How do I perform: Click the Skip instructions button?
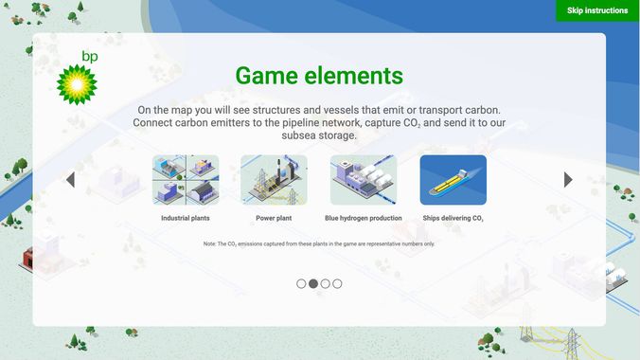[x=596, y=10]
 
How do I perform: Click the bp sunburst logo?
[x=77, y=82]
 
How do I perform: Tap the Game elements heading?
[x=319, y=76]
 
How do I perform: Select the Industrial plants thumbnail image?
[x=186, y=180]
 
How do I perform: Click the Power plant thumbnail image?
[x=274, y=180]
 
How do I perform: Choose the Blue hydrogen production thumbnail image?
[x=364, y=180]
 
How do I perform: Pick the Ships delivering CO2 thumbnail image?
[x=453, y=180]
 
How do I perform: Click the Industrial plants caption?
[x=186, y=218]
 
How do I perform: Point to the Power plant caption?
[x=274, y=218]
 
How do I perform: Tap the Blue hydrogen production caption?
[x=364, y=218]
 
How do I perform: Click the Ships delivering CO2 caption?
[x=453, y=218]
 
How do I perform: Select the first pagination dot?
[x=301, y=283]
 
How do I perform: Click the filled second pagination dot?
[x=313, y=283]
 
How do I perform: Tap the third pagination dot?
[x=326, y=283]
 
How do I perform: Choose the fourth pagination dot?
[x=338, y=283]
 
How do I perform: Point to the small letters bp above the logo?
[x=90, y=57]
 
